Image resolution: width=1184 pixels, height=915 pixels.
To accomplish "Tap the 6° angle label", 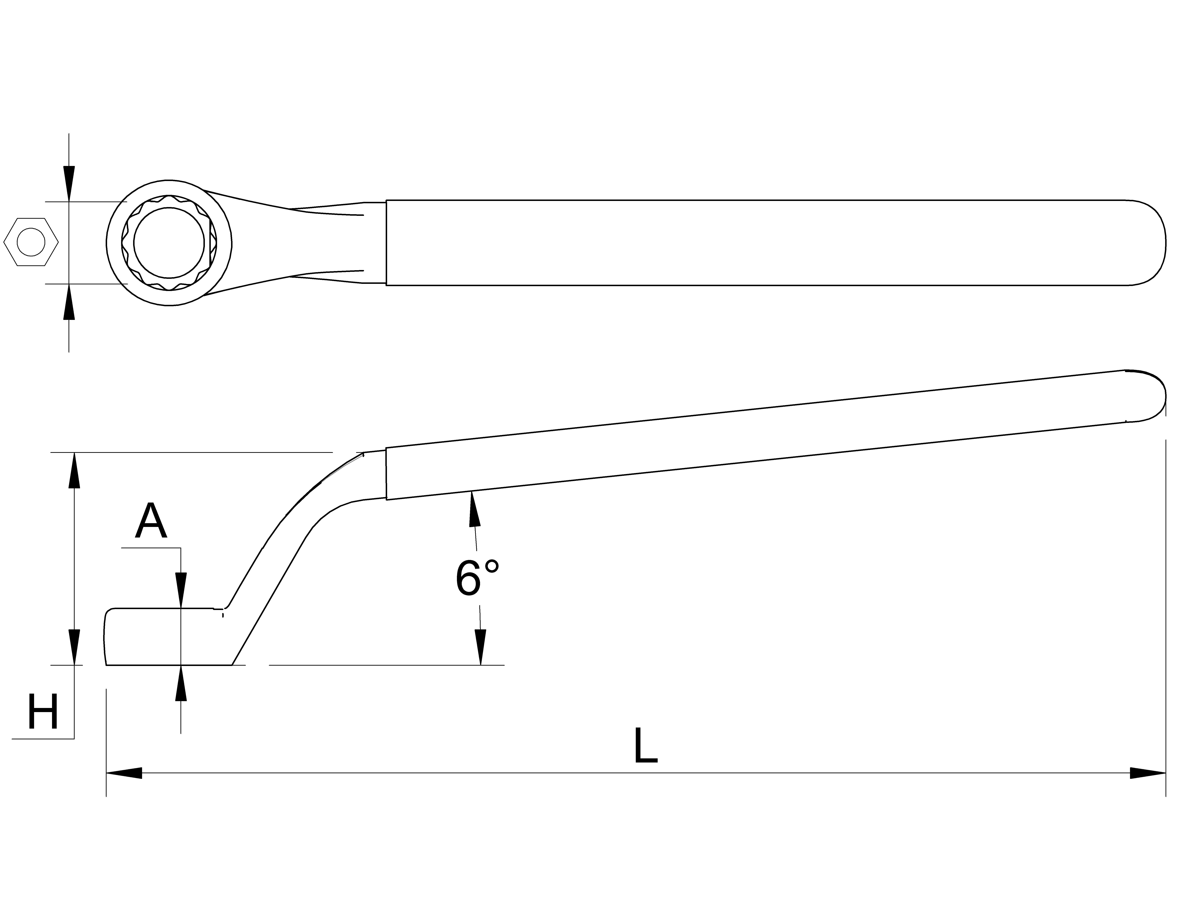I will (x=476, y=578).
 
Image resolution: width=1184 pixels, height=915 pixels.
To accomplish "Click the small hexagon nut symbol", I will (x=31, y=242).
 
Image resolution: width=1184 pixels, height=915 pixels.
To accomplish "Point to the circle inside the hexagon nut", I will (x=31, y=242).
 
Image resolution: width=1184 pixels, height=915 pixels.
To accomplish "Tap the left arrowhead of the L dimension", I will (x=124, y=773).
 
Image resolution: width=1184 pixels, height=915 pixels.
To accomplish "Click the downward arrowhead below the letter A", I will (x=181, y=591).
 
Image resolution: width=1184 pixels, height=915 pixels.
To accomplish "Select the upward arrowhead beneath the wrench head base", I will (x=181, y=683).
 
